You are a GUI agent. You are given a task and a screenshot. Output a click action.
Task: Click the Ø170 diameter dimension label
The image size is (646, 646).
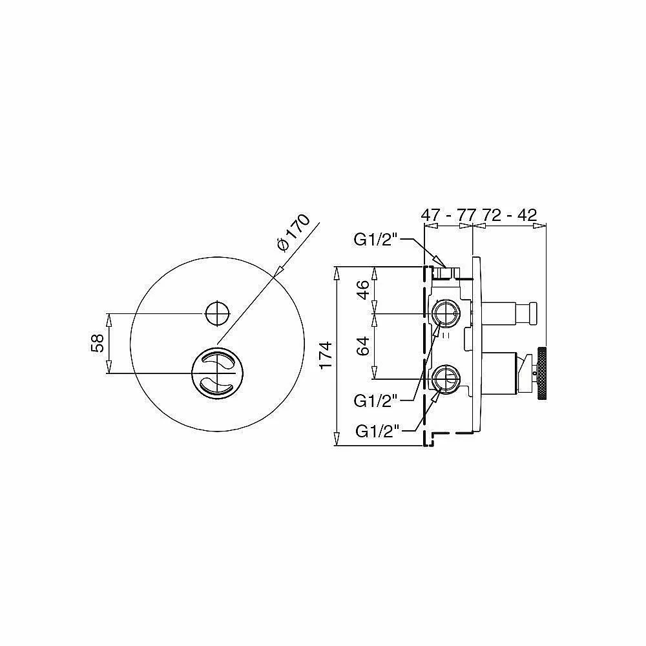point(293,233)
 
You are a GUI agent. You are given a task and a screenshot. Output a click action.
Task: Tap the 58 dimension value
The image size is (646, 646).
point(98,343)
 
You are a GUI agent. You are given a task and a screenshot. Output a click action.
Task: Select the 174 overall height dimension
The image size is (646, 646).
point(325,355)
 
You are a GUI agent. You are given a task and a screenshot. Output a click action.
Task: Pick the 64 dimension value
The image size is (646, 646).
point(363,346)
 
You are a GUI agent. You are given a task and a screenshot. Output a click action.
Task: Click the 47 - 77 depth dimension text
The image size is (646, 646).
point(448,215)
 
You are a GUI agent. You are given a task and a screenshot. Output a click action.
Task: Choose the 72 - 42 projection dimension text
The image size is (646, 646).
point(510,215)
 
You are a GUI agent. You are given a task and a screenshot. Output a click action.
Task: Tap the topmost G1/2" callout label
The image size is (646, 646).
point(376,240)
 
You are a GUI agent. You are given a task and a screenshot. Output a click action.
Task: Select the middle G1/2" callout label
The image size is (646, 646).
point(376,401)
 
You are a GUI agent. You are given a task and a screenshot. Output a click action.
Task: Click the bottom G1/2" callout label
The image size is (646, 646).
point(378,431)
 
